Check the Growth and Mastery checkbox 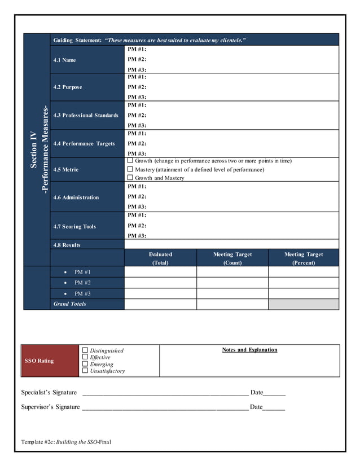pyautogui.click(x=130, y=178)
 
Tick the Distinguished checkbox pyautogui.click(x=85, y=350)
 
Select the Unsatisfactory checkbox pyautogui.click(x=85, y=371)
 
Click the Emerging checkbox pyautogui.click(x=85, y=364)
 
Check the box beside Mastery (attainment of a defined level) pyautogui.click(x=130, y=169)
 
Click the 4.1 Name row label pyautogui.click(x=64, y=60)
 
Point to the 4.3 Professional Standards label pyautogui.click(x=86, y=115)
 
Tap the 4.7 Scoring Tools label pyautogui.click(x=74, y=226)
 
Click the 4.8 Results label pyautogui.click(x=67, y=245)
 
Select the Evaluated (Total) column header pyautogui.click(x=160, y=258)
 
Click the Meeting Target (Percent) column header pyautogui.click(x=304, y=258)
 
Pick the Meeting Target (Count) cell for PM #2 pyautogui.click(x=232, y=283)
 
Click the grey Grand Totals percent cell pyautogui.click(x=304, y=304)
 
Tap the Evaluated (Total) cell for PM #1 pyautogui.click(x=160, y=272)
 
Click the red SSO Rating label pyautogui.click(x=38, y=361)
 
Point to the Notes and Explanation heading pyautogui.click(x=249, y=350)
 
